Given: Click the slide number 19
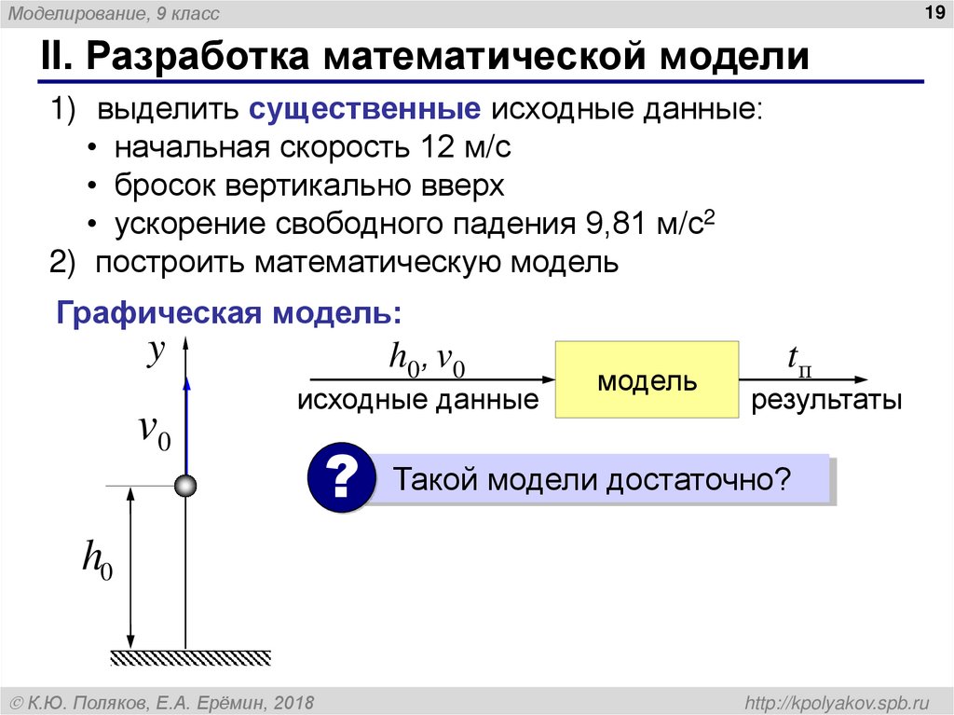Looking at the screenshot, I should [930, 11].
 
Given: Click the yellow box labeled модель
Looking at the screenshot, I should [647, 380].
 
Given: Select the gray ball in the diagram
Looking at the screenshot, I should [185, 485].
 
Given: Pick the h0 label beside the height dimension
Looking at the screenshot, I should [97, 561].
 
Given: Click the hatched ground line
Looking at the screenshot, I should [191, 657].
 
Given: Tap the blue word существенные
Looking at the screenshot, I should [364, 110].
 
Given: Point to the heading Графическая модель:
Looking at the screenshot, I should [230, 312].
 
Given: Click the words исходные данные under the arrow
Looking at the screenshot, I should [418, 402].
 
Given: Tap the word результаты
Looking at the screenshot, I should [827, 402].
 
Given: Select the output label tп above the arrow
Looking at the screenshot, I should [798, 359].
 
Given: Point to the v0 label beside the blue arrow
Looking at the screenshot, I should [154, 431].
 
